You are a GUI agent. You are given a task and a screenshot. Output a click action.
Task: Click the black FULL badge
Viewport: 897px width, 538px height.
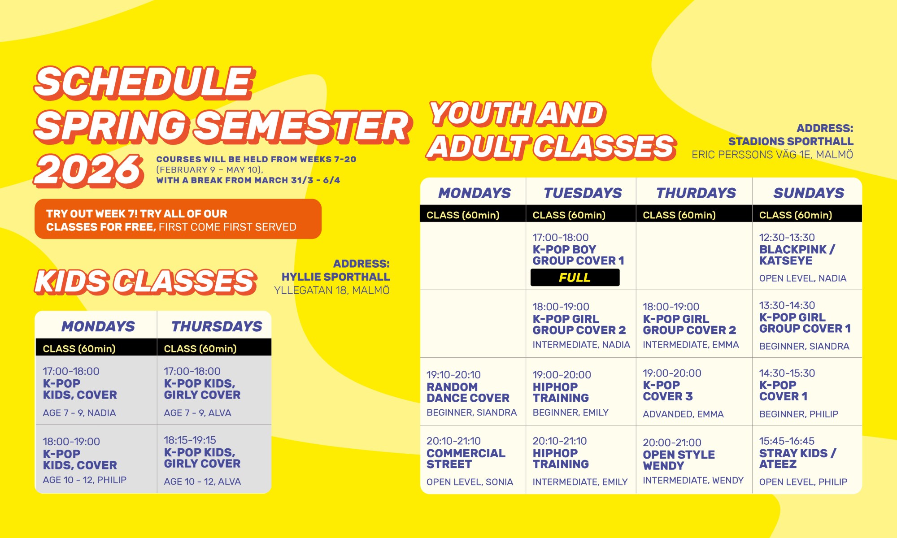pos(575,278)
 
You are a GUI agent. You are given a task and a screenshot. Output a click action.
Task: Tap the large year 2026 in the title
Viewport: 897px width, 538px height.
pos(89,170)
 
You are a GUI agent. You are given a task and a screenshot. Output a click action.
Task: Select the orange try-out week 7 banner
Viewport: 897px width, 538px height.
pos(178,219)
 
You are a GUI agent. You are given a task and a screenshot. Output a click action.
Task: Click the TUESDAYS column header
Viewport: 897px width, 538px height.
pos(583,193)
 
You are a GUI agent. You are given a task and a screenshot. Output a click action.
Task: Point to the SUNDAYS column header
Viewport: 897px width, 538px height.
pos(809,193)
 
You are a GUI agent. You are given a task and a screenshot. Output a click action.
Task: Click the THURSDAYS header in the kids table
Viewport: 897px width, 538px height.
pos(217,326)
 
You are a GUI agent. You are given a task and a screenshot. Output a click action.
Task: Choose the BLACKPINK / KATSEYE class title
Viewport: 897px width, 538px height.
pos(797,255)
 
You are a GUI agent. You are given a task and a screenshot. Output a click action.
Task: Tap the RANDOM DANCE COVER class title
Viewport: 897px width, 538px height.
pos(468,392)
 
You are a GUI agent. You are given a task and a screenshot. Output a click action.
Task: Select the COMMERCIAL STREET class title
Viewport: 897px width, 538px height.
pos(466,459)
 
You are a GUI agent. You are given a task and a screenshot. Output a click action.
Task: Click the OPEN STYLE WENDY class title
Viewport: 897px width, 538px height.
pos(679,460)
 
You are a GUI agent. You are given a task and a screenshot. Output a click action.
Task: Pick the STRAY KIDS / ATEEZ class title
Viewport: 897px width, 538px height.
pos(797,459)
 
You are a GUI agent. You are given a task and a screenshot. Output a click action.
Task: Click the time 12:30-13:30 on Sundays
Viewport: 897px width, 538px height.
pos(787,238)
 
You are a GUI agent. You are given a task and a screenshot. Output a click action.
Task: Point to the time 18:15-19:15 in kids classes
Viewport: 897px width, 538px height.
pos(190,440)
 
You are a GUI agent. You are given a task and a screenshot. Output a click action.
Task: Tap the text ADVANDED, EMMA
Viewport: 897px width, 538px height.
pos(683,414)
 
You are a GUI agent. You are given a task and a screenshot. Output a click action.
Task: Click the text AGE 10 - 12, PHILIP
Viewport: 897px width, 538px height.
pos(85,480)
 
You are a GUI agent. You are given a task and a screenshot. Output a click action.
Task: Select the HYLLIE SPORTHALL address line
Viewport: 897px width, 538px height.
pos(335,277)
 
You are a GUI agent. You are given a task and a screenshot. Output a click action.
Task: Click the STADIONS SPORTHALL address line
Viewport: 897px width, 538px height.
pos(791,142)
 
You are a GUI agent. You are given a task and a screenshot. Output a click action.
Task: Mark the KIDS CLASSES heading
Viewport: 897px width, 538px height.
pos(146,282)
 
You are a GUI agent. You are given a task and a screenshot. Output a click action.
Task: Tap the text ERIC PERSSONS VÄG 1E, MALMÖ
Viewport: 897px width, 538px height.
pos(772,155)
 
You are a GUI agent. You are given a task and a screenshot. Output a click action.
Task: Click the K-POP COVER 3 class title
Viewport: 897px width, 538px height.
pos(667,391)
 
